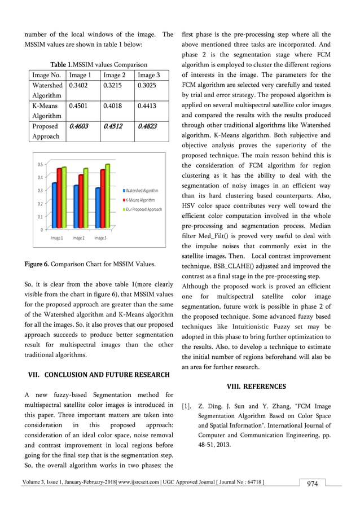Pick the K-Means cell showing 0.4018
pyautogui.click(x=113, y=107)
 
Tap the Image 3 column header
pyautogui.click(x=148, y=74)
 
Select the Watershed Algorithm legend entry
pyautogui.click(x=141, y=191)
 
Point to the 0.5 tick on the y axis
pyautogui.click(x=40, y=164)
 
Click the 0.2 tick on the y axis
pyautogui.click(x=40, y=204)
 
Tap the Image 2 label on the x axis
pyautogui.click(x=78, y=238)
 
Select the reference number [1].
pyautogui.click(x=187, y=406)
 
